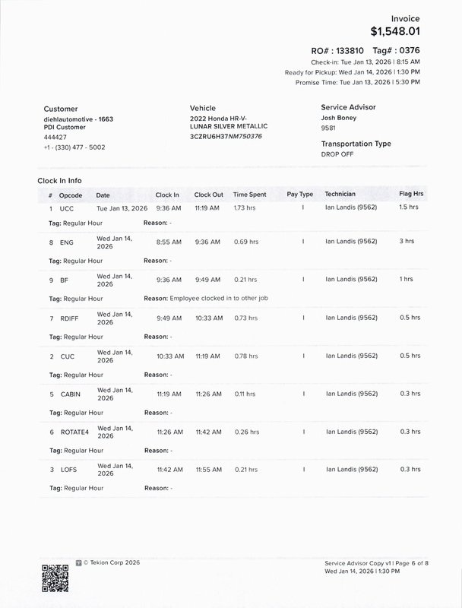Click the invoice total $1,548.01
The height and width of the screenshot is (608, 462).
(394, 31)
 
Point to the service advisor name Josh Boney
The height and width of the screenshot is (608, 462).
(338, 119)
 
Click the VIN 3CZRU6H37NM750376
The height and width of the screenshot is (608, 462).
(226, 136)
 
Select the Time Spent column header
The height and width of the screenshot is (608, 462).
(250, 195)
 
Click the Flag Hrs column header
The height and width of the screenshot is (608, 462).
(411, 195)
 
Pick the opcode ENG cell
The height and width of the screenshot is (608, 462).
(66, 242)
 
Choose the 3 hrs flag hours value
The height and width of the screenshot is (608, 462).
(407, 242)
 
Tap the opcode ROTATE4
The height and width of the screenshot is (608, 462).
(74, 432)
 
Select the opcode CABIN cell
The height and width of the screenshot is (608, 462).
(71, 394)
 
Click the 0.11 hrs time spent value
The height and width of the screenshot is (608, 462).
(245, 394)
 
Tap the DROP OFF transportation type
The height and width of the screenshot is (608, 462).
(337, 154)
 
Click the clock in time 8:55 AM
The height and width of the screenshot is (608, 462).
(169, 242)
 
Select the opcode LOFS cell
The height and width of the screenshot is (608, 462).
(68, 470)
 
